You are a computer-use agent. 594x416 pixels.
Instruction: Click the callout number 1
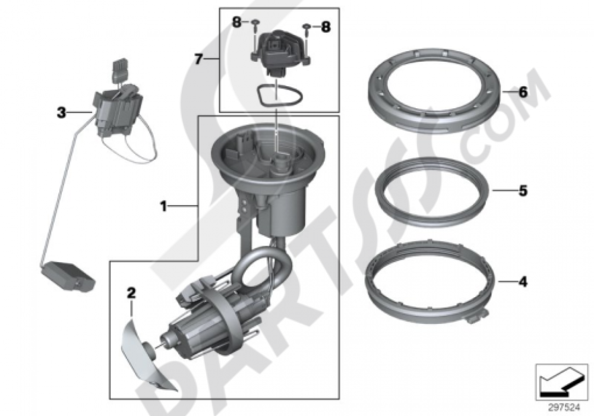click(x=163, y=206)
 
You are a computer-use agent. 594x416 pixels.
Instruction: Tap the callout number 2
click(x=131, y=293)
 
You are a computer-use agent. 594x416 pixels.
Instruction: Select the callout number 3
click(x=61, y=112)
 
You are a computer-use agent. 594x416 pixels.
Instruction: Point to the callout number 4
click(x=523, y=282)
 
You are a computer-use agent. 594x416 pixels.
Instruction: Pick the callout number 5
click(x=523, y=191)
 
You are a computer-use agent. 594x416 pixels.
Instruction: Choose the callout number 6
click(x=523, y=92)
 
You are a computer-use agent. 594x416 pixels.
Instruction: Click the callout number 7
click(x=199, y=59)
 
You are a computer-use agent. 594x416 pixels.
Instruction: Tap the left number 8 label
click(x=237, y=23)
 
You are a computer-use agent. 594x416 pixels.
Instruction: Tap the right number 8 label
click(x=326, y=27)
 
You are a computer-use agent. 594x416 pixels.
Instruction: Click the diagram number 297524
click(x=564, y=408)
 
